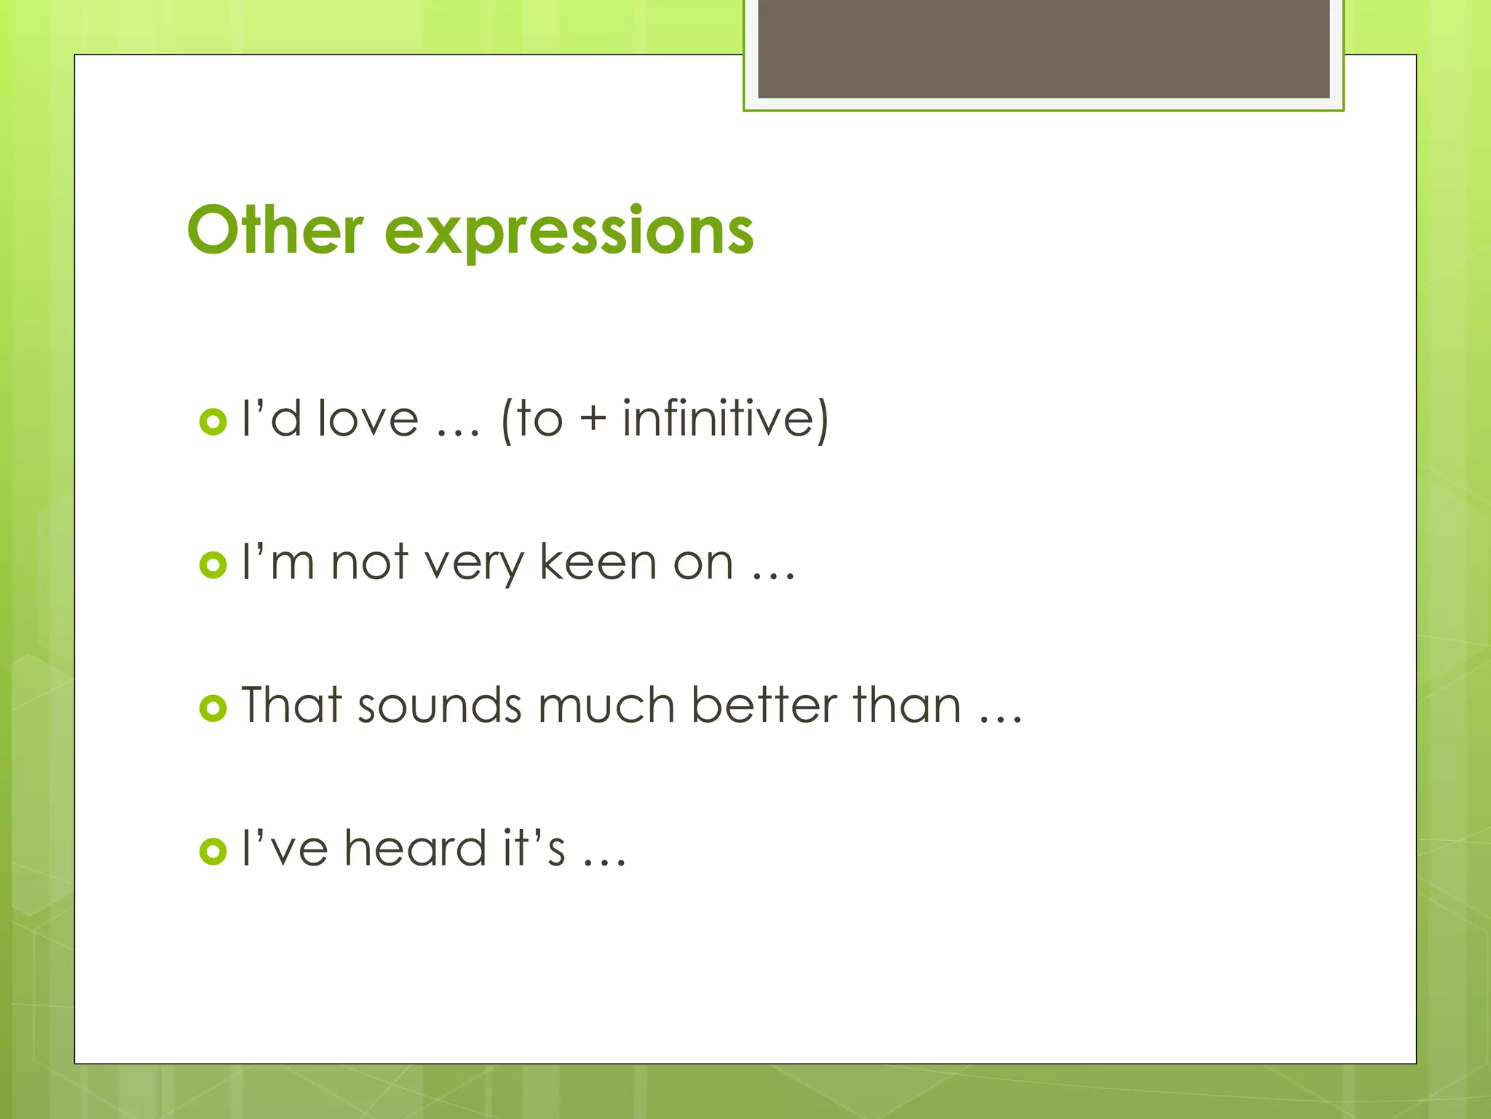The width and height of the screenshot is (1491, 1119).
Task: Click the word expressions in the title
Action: click(569, 233)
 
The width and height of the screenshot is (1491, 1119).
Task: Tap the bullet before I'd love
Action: click(213, 421)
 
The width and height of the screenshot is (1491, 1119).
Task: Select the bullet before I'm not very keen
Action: click(213, 565)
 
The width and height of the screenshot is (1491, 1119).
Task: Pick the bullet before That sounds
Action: click(213, 707)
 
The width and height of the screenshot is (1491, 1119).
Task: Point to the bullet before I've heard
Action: click(213, 850)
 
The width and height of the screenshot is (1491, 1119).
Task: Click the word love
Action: click(368, 420)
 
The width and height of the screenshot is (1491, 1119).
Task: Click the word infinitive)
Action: click(725, 420)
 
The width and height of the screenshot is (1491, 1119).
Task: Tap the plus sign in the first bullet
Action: click(593, 421)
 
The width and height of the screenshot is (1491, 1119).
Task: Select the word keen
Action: click(598, 562)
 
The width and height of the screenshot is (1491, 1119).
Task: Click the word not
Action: click(369, 562)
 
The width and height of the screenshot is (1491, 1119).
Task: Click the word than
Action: click(907, 706)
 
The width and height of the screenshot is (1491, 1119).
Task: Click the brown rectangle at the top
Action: click(1043, 48)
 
